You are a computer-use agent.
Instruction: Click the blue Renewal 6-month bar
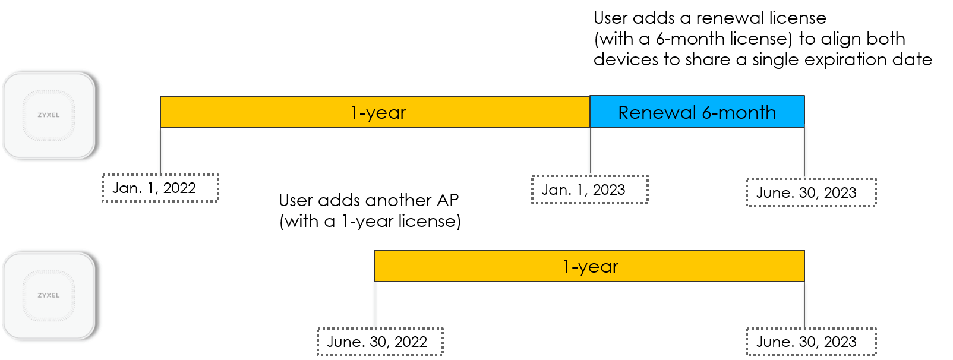[x=697, y=112]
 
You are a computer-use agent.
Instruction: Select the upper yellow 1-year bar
[x=375, y=112]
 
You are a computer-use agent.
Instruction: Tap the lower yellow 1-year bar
[x=589, y=266]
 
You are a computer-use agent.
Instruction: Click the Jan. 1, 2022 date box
[x=160, y=188]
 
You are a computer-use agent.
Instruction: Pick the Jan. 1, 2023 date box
[x=589, y=190]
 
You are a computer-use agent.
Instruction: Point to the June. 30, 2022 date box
[x=380, y=342]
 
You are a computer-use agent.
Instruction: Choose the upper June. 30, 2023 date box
[x=811, y=192]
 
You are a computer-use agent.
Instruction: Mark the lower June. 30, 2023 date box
[x=811, y=342]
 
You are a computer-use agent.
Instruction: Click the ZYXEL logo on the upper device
[x=49, y=115]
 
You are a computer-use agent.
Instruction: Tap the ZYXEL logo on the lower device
[x=49, y=295]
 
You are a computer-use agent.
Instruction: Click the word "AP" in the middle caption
[x=447, y=200]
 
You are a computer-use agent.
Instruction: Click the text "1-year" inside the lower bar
[x=590, y=267]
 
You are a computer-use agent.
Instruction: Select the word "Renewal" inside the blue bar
[x=657, y=113]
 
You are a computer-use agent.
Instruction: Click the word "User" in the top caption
[x=611, y=18]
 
